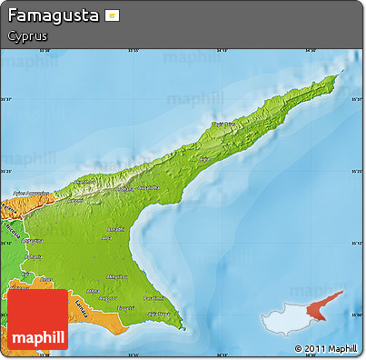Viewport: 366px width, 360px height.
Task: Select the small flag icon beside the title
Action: pyautogui.click(x=112, y=16)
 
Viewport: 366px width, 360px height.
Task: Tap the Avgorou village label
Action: pyautogui.click(x=108, y=297)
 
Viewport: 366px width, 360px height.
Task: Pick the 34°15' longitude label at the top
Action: pyautogui.click(x=134, y=51)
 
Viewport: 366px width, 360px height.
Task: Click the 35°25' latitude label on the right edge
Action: pyautogui.click(x=353, y=170)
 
